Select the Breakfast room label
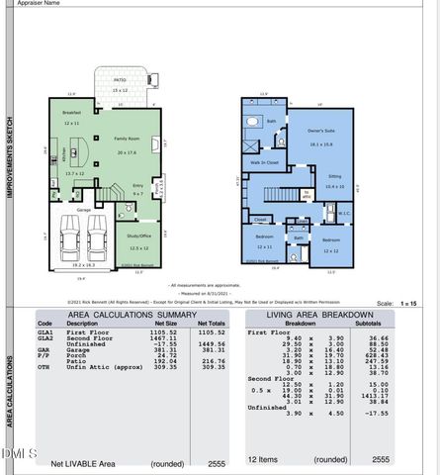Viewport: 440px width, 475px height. (70, 113)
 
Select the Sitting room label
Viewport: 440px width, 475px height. (335, 176)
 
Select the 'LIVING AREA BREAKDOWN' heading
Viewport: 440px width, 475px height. (318, 315)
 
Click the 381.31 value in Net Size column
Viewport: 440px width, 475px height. (164, 350)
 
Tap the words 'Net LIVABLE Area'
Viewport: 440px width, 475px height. (83, 462)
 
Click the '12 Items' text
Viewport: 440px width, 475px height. (263, 460)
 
